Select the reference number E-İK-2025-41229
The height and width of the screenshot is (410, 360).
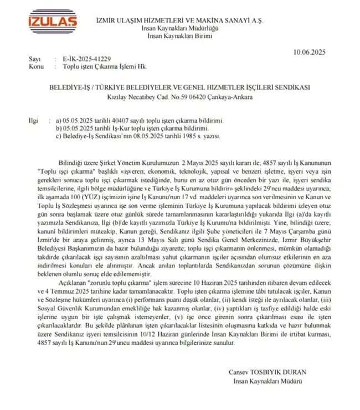(80, 59)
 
